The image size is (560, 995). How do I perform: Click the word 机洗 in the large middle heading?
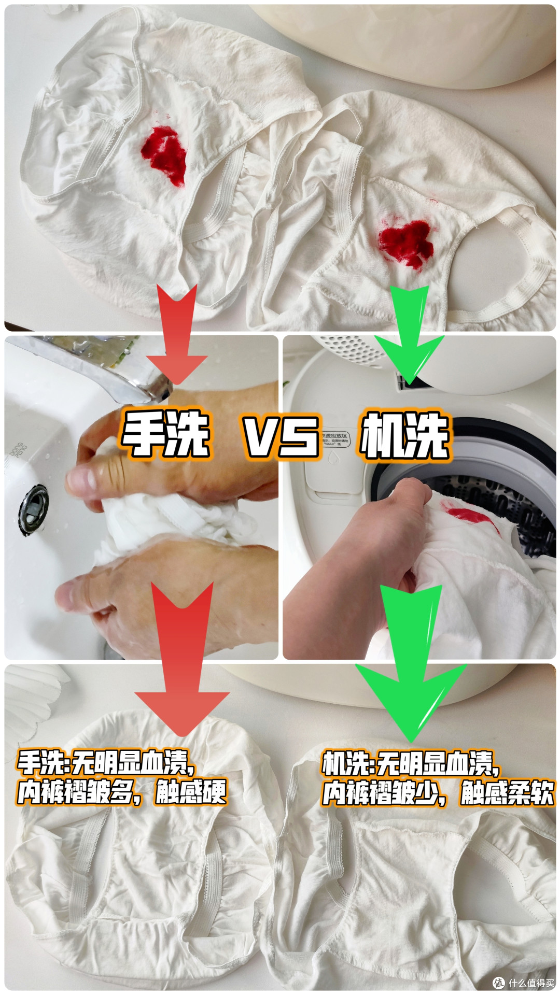point(404,435)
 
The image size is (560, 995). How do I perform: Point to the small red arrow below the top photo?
point(176,337)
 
